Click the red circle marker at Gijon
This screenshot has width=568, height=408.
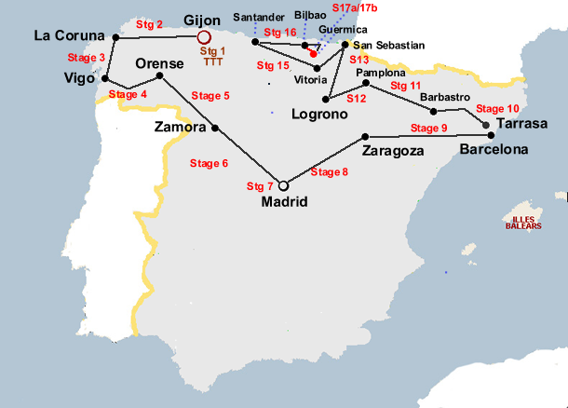pyautogui.click(x=205, y=37)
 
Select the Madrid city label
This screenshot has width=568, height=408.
pyautogui.click(x=284, y=202)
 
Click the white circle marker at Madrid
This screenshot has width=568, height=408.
pyautogui.click(x=284, y=185)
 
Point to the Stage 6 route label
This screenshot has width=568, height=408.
pyautogui.click(x=209, y=164)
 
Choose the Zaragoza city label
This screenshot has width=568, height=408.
pyautogui.click(x=394, y=150)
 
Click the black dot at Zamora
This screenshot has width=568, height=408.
pyautogui.click(x=215, y=128)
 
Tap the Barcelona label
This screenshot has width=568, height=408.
pyautogui.click(x=494, y=149)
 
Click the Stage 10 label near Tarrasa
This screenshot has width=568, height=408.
pyautogui.click(x=497, y=109)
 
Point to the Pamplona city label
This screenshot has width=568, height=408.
pyautogui.click(x=380, y=73)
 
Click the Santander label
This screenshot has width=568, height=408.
pyautogui.click(x=261, y=17)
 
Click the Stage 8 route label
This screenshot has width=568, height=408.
pyautogui.click(x=330, y=171)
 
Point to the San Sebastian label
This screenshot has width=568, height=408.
pyautogui.click(x=388, y=45)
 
